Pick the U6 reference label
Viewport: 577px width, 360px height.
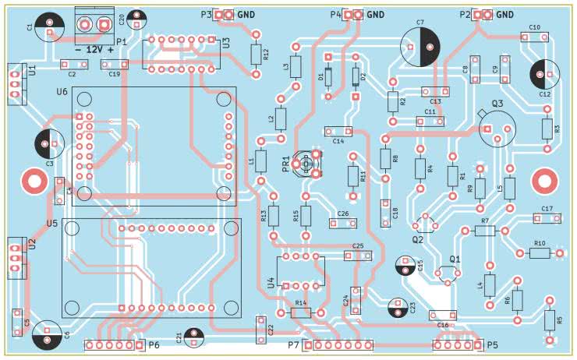pos(62,93)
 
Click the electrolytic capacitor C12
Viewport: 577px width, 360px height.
pos(543,75)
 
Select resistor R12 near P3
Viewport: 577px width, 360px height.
pos(257,54)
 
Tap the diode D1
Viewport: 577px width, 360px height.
pos(328,76)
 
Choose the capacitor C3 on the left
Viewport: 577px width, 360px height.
pos(49,143)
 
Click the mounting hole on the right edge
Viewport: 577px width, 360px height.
pos(543,181)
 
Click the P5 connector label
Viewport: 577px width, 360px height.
pos(492,344)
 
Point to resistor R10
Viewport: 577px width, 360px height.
pos(540,253)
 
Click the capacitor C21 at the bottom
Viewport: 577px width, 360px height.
pos(193,337)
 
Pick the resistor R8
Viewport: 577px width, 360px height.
pos(384,158)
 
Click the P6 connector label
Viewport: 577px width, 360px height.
pos(154,344)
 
